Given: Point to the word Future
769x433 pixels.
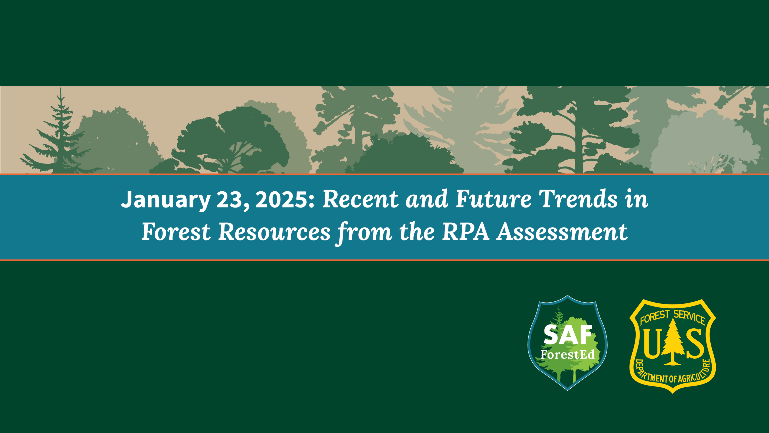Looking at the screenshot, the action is click(x=493, y=199).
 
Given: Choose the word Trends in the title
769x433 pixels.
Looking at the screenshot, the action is click(x=579, y=199).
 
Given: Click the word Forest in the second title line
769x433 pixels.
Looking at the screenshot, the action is click(x=176, y=232).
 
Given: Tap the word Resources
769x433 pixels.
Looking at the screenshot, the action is click(x=274, y=232).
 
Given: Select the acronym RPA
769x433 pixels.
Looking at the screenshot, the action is click(x=466, y=232).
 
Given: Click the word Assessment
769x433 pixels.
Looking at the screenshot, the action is click(x=562, y=232).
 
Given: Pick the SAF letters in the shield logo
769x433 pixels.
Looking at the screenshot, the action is click(x=568, y=335).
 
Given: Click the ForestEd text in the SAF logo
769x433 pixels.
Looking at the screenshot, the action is click(x=568, y=355).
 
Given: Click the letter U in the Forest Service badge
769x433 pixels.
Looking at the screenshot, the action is click(x=651, y=344).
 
